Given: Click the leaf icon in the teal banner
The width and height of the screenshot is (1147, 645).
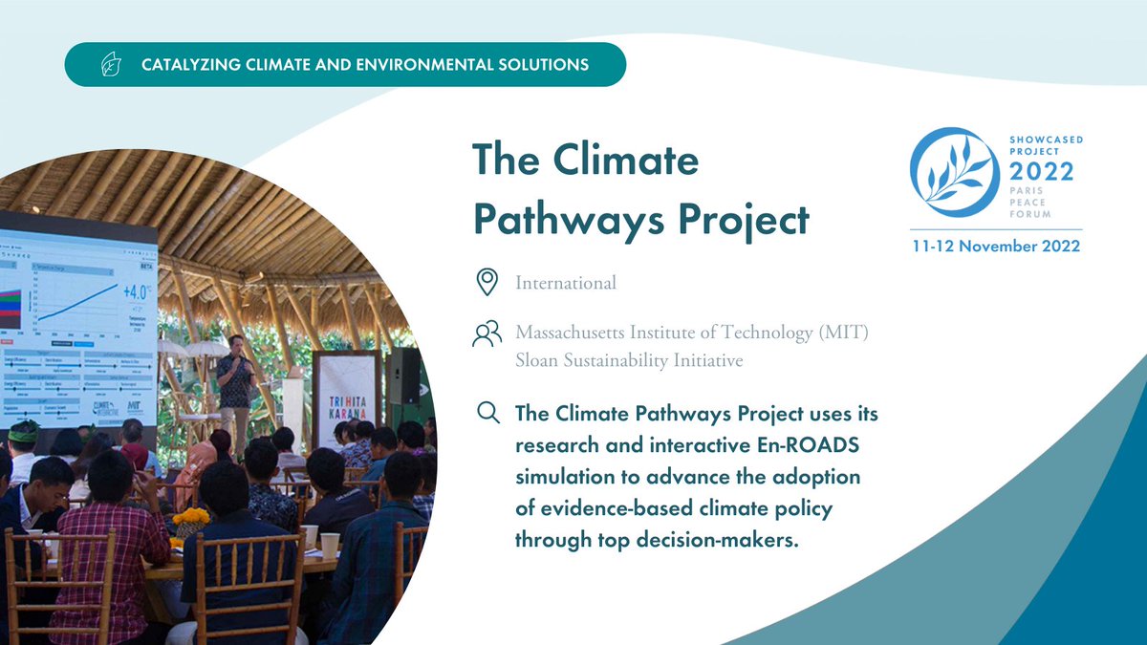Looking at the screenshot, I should click(111, 65).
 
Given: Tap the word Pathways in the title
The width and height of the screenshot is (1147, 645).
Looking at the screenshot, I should click(556, 220).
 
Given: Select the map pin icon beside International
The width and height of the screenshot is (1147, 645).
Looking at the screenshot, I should click(487, 282).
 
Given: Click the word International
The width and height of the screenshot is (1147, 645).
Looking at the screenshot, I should click(566, 283).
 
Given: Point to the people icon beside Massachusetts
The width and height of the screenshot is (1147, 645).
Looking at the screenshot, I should click(487, 333).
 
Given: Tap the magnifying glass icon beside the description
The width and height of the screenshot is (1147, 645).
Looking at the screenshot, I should click(487, 414).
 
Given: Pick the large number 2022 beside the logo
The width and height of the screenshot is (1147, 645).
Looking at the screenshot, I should click(1041, 172).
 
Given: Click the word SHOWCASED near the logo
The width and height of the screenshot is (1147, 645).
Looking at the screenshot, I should click(1046, 140).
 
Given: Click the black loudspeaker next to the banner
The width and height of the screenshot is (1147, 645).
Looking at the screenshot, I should click(403, 376).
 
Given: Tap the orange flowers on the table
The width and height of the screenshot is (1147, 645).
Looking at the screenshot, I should click(190, 518).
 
